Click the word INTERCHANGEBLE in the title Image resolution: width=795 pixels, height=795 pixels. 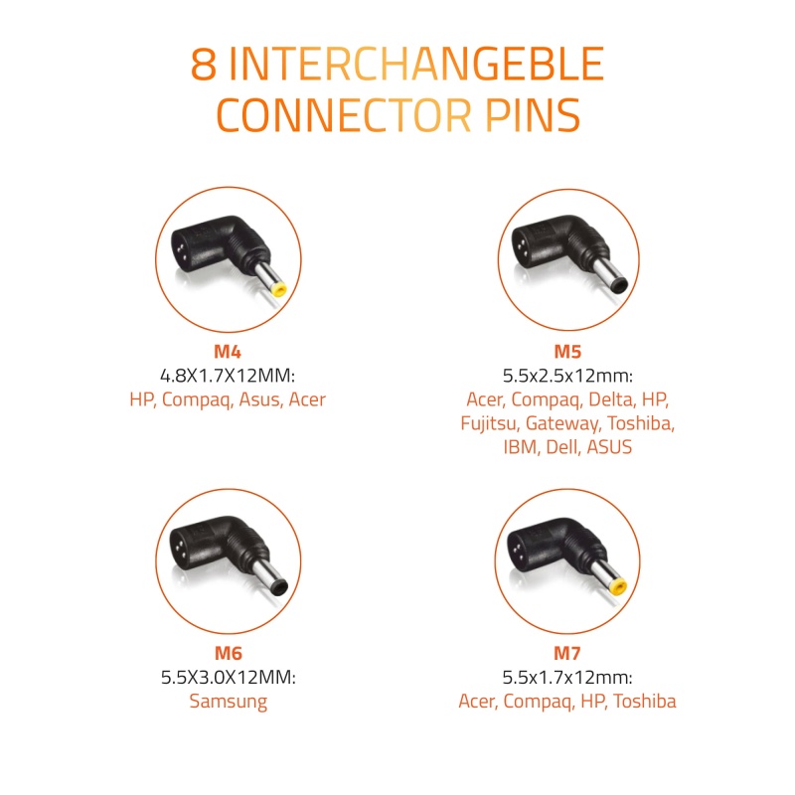pyautogui.click(x=416, y=64)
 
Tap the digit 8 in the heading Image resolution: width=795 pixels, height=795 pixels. pyautogui.click(x=204, y=64)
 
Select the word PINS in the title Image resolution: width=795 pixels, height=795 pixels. pyautogui.click(x=533, y=115)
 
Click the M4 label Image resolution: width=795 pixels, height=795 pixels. pyautogui.click(x=228, y=352)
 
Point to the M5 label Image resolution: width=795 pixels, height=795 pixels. pyautogui.click(x=567, y=352)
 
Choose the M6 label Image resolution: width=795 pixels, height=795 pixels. pyautogui.click(x=229, y=653)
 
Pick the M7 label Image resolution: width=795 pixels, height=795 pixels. pyautogui.click(x=566, y=653)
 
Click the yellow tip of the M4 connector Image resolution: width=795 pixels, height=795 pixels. pyautogui.click(x=279, y=289)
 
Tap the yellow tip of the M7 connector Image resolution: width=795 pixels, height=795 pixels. pyautogui.click(x=617, y=588)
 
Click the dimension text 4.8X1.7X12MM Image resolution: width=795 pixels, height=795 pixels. pyautogui.click(x=228, y=376)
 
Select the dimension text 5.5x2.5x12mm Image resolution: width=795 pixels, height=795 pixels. pyautogui.click(x=567, y=376)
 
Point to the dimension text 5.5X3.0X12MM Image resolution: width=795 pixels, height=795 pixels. pyautogui.click(x=229, y=678)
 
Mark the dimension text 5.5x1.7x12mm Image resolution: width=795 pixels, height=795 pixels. pyautogui.click(x=566, y=678)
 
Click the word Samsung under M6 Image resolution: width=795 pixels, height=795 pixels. pyautogui.click(x=229, y=702)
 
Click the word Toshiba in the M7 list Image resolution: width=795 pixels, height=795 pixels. pyautogui.click(x=644, y=702)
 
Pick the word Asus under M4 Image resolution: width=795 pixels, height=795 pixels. pyautogui.click(x=260, y=399)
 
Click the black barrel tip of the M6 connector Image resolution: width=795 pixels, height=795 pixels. pyautogui.click(x=279, y=588)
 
